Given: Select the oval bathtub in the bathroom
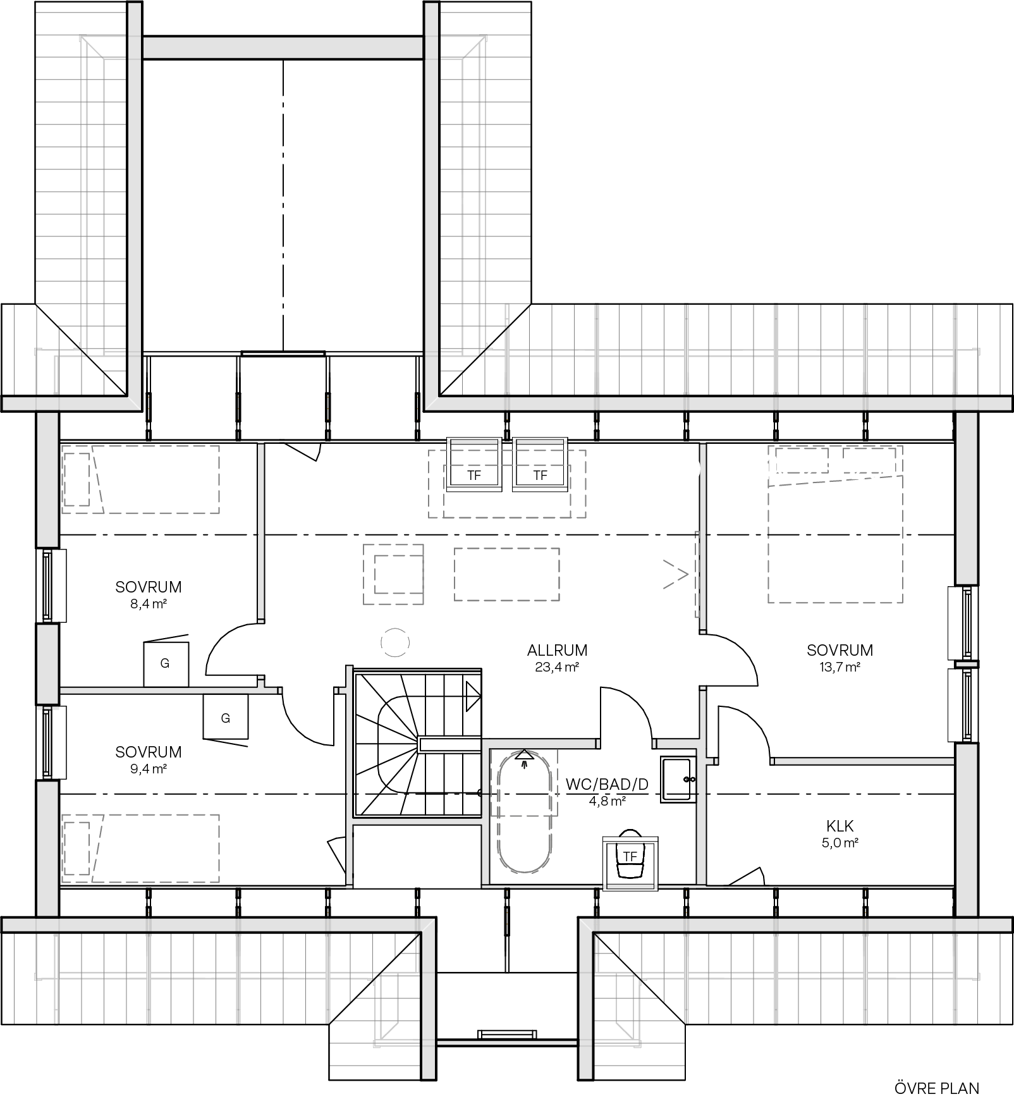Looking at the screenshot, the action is point(525,812).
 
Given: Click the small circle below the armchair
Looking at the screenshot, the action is point(395,643).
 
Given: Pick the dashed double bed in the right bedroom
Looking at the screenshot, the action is point(835,525).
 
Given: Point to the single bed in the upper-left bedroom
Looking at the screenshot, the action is point(140,479).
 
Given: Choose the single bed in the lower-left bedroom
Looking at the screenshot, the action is point(140,848).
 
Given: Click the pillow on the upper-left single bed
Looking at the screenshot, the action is point(76,479).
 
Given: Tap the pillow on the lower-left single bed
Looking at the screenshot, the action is point(76,848).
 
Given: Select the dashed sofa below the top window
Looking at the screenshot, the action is point(507,483).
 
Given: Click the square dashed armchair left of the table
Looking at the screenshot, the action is point(393,574).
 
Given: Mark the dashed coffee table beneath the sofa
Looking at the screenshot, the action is point(507,574).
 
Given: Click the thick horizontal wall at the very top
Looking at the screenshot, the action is point(283,47).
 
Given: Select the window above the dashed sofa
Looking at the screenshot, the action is point(507,442).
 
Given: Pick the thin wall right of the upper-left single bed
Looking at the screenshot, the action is point(260,531).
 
